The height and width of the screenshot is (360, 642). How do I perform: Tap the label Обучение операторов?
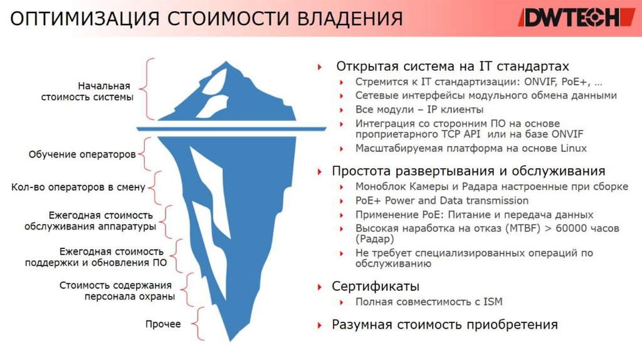point(82,154)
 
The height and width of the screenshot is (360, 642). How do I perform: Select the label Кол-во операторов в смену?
point(78,187)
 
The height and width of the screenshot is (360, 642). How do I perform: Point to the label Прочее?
point(163,324)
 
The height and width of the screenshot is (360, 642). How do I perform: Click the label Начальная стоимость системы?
point(87,92)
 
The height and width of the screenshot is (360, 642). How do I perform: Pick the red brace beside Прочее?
point(199,324)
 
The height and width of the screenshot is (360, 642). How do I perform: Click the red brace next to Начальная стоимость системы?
point(149,88)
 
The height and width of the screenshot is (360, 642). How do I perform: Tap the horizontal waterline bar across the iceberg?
point(231,129)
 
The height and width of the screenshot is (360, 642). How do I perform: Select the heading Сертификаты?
point(376,287)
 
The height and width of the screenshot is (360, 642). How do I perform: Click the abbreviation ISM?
point(493,302)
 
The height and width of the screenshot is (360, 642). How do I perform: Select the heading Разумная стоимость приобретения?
point(445,325)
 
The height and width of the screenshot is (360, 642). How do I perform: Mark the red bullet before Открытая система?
point(320,66)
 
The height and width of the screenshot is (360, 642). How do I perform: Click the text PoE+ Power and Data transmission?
point(441,201)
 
